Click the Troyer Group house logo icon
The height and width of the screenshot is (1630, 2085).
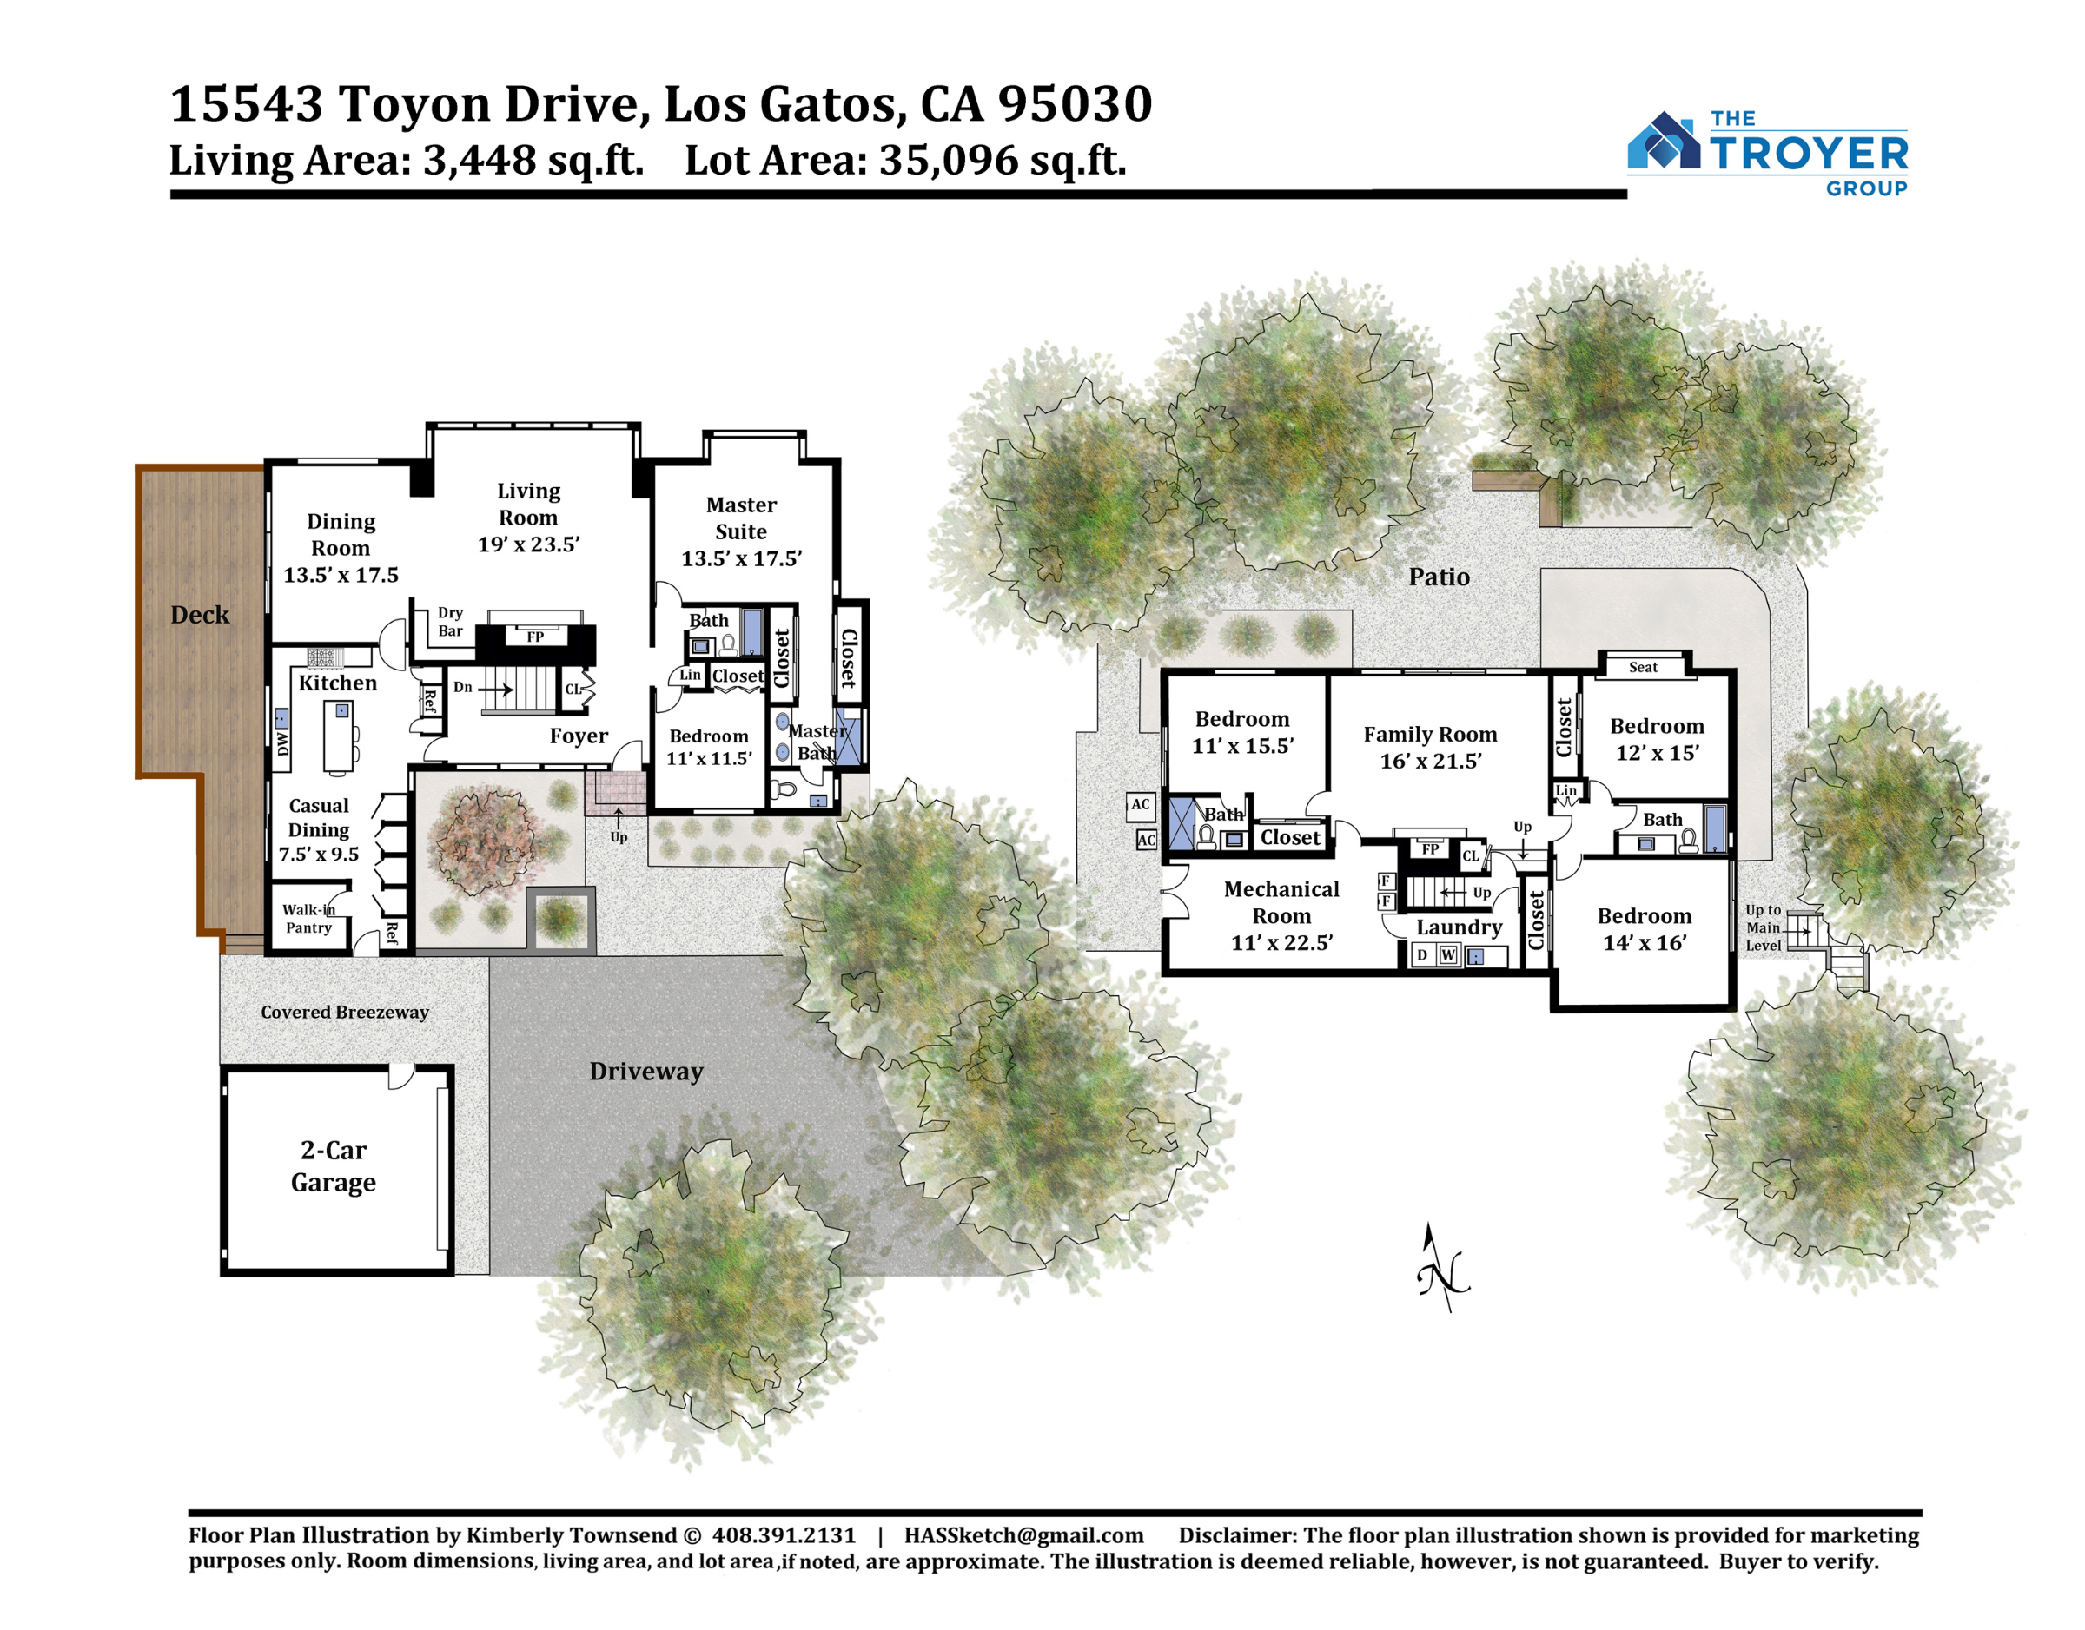[1663, 142]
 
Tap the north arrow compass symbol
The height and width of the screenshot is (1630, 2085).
[1442, 1266]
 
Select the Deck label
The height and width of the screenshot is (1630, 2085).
[200, 615]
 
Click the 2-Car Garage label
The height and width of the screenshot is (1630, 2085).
[334, 1166]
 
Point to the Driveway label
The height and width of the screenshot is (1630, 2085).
[645, 1071]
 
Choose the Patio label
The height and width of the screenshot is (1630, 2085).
[1440, 577]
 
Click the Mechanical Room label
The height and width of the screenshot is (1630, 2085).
[1281, 903]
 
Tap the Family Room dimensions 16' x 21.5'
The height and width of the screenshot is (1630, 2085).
[1430, 761]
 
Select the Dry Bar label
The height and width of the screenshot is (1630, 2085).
[451, 621]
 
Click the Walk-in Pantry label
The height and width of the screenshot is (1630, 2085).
[308, 918]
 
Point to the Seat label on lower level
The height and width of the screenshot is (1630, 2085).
[1643, 667]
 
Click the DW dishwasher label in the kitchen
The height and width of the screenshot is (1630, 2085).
[282, 743]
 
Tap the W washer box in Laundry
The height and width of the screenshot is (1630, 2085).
[1448, 954]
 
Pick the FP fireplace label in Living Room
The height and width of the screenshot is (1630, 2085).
[535, 637]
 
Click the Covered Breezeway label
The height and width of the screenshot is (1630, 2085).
[345, 1012]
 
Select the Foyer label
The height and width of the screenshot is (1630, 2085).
[579, 736]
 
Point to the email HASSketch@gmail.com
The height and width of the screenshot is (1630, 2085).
[1024, 1535]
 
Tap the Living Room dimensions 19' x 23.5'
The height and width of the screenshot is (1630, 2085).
[529, 544]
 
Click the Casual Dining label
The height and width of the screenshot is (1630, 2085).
[319, 818]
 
